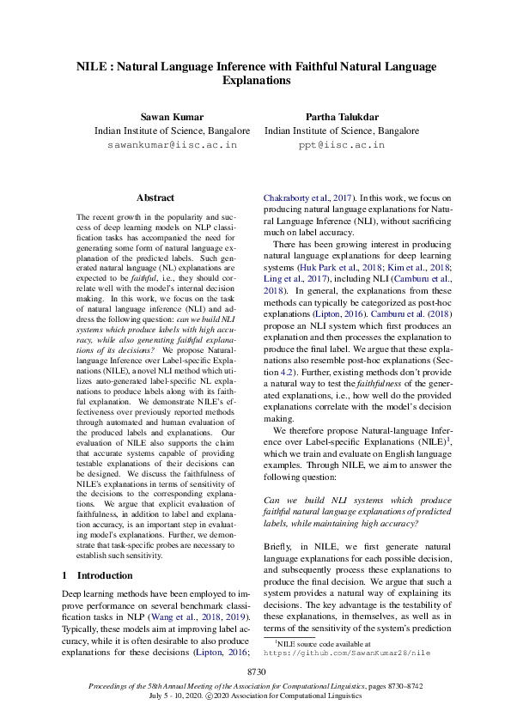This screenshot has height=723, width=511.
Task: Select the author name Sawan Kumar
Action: (x=172, y=116)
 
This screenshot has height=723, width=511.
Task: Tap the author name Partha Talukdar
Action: (x=342, y=116)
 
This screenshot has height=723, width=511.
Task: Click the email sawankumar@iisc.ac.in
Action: (x=172, y=146)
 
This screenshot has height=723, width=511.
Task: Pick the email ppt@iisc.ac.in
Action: (x=342, y=146)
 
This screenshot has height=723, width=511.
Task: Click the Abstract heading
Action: (x=155, y=197)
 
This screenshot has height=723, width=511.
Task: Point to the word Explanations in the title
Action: (x=256, y=81)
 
